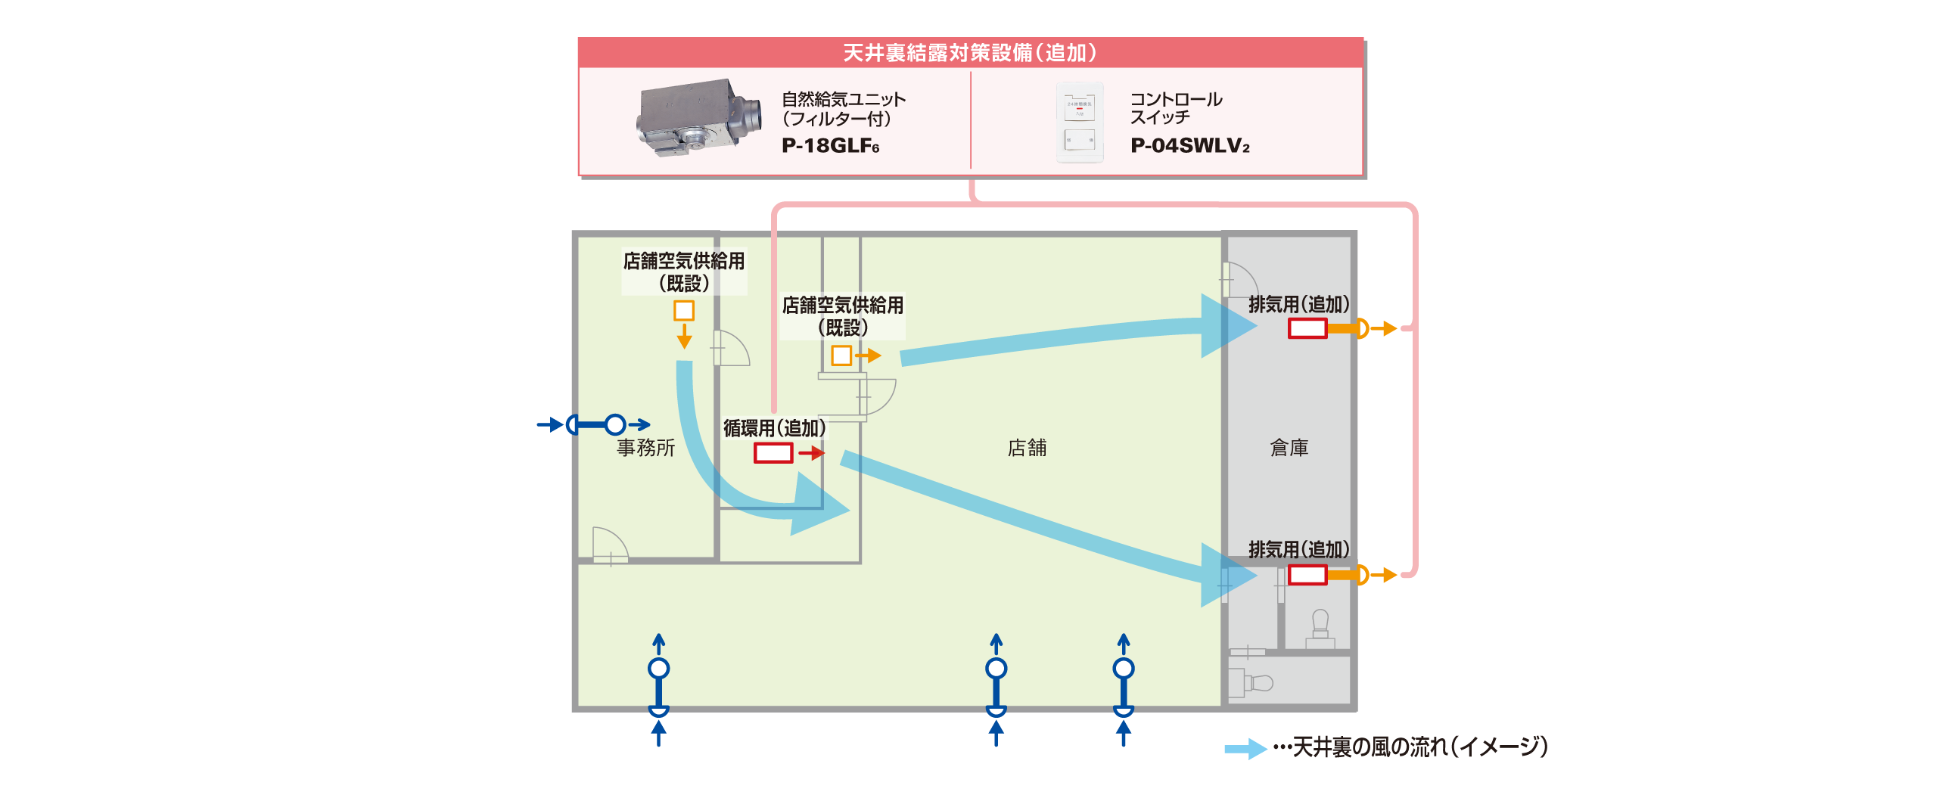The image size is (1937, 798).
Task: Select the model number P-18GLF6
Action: tap(830, 145)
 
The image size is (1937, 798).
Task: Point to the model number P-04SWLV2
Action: tap(1189, 145)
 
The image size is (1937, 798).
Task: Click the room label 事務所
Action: tap(645, 448)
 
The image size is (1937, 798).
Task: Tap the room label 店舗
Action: tap(1027, 448)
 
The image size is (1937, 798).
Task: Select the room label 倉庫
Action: tap(1289, 448)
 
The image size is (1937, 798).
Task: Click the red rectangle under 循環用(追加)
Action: tap(773, 453)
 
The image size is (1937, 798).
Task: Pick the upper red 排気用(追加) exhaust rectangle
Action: tap(1307, 328)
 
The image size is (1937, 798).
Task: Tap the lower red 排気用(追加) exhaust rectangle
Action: tap(1307, 575)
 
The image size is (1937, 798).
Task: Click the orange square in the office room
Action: tap(684, 310)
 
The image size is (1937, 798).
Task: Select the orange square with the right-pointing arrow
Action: tap(841, 355)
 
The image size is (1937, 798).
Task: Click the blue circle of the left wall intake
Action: tap(615, 424)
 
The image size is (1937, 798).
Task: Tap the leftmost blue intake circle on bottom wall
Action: tap(659, 668)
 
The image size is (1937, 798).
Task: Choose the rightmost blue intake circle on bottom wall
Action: tap(1124, 668)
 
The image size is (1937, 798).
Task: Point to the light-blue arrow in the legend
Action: tap(1245, 749)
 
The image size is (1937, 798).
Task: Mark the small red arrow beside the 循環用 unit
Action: tap(812, 453)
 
